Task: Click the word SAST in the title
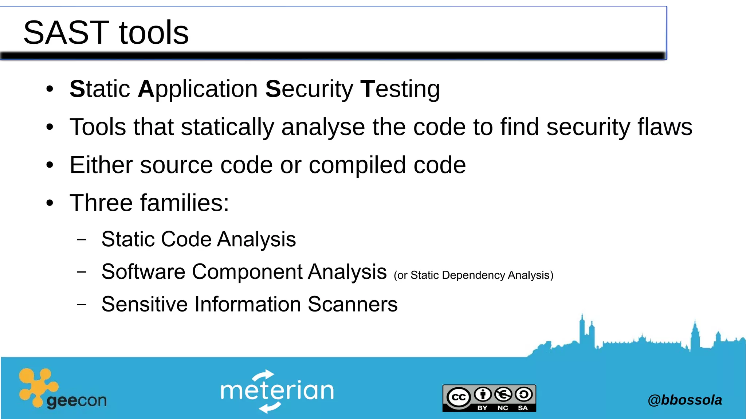tap(66, 33)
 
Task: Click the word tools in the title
tap(154, 33)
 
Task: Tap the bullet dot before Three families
tap(50, 203)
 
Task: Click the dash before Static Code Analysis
tap(82, 240)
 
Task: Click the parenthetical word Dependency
tap(473, 275)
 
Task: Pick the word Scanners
tap(352, 304)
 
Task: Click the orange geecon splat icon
tap(36, 386)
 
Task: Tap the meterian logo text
tap(277, 391)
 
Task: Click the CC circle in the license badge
tap(458, 397)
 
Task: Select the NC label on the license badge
tap(503, 408)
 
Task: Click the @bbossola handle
tap(684, 400)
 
